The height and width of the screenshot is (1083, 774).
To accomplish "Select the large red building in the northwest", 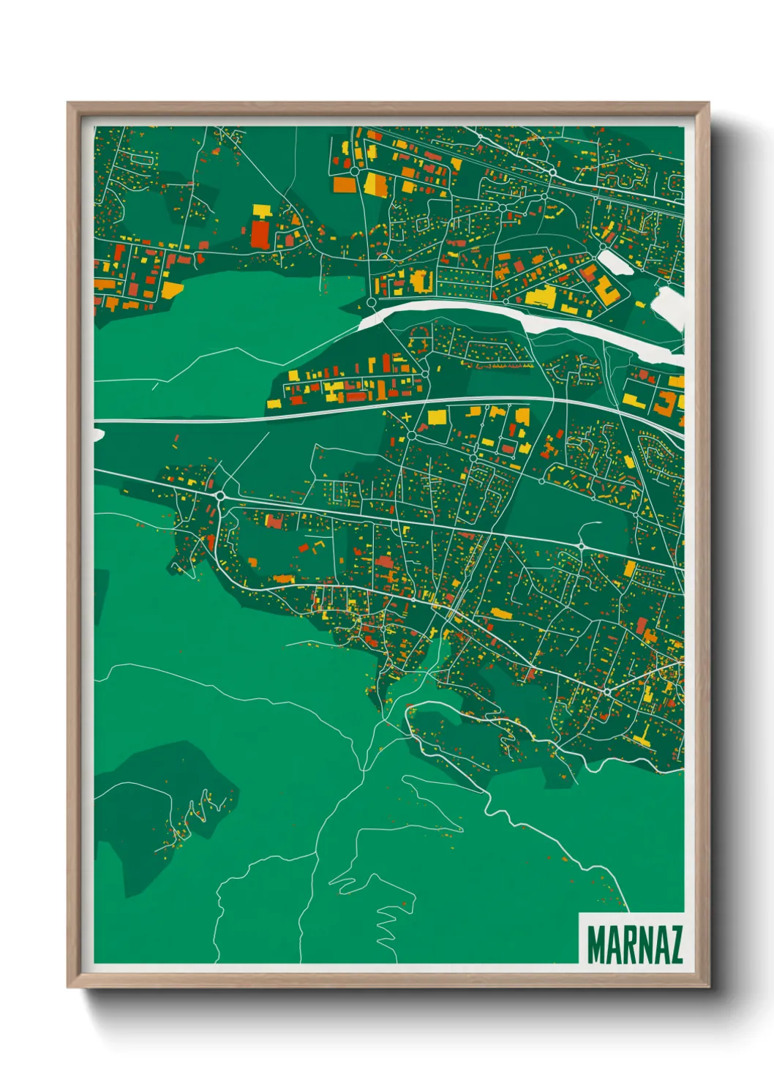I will [260, 233].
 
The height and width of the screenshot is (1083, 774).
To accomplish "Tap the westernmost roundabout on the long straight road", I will [220, 496].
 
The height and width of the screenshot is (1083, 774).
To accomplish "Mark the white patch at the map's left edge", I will [98, 435].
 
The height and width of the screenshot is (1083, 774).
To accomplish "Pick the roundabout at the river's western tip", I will [371, 301].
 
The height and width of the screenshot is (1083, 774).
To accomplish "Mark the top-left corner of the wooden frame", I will [69, 104].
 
